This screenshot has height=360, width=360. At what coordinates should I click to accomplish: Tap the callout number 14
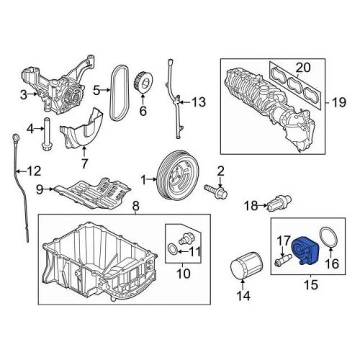point(242,294)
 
